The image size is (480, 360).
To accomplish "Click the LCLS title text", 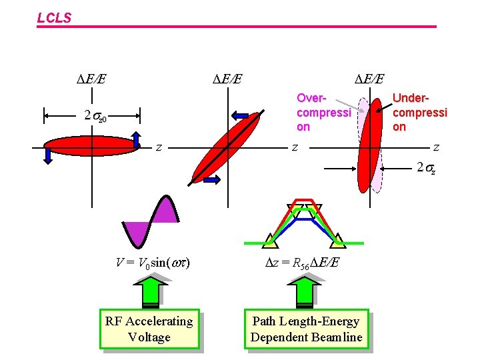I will [54, 19].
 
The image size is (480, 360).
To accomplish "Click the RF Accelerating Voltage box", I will [149, 329].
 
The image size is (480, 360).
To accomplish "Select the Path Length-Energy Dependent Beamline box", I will [306, 329].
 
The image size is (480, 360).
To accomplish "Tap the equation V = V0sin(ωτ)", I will [153, 263].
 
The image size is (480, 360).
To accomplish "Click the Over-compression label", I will [323, 113].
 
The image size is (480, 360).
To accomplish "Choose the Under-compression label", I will [420, 113].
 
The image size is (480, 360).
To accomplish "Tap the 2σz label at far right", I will [427, 167].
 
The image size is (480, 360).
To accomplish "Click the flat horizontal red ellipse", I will [92, 145].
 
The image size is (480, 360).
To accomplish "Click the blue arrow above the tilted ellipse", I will [239, 116].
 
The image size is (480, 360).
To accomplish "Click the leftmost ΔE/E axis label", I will [92, 79].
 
